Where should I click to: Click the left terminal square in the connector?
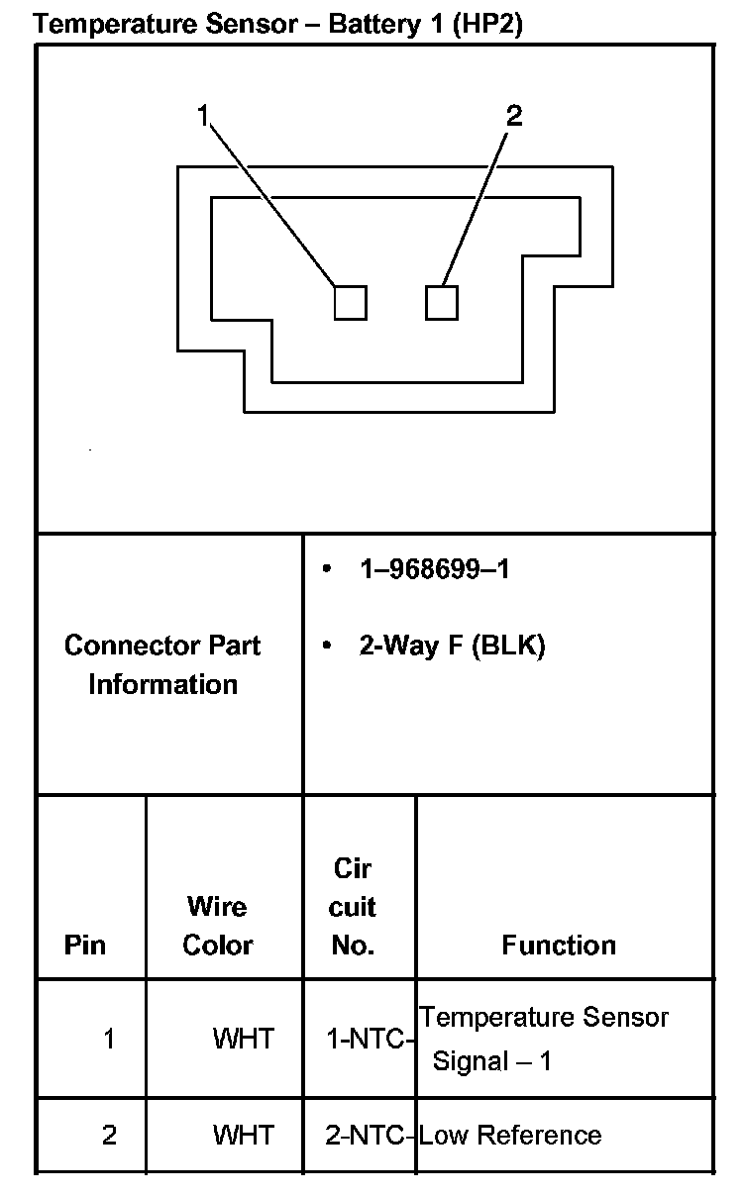pyautogui.click(x=350, y=302)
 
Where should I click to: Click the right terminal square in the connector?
pyautogui.click(x=442, y=302)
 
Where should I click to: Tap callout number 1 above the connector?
pyautogui.click(x=203, y=117)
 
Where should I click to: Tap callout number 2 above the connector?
pyautogui.click(x=513, y=117)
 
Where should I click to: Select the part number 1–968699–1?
pyautogui.click(x=434, y=569)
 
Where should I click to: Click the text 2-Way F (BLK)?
pyautogui.click(x=452, y=647)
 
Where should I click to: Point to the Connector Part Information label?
pyautogui.click(x=162, y=664)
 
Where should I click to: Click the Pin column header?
pyautogui.click(x=85, y=945)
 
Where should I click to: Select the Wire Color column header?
pyautogui.click(x=218, y=925)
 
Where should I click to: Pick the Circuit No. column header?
pyautogui.click(x=354, y=907)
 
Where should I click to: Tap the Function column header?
pyautogui.click(x=559, y=945)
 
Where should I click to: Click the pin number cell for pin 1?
pyautogui.click(x=109, y=1039)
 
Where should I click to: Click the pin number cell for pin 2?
pyautogui.click(x=109, y=1135)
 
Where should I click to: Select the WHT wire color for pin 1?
pyautogui.click(x=243, y=1039)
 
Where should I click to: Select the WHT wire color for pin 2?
pyautogui.click(x=243, y=1135)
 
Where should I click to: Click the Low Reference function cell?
pyautogui.click(x=510, y=1135)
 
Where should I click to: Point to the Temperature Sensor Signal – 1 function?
pyautogui.click(x=543, y=1039)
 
